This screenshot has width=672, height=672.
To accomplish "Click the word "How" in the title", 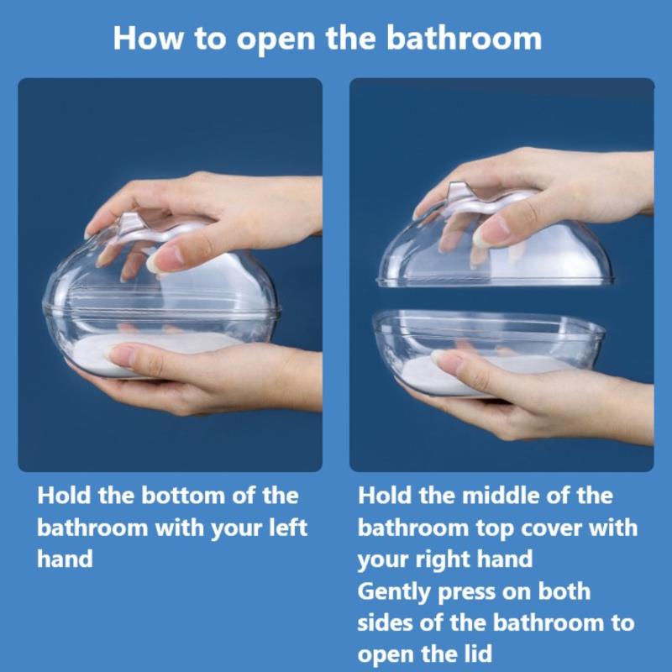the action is click(148, 39).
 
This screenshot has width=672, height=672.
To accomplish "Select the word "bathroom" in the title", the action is click(465, 38).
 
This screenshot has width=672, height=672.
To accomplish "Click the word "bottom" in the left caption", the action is click(183, 496).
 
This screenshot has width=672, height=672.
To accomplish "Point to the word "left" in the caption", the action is click(288, 528).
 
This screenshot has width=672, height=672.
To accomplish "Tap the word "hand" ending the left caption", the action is click(65, 559).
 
